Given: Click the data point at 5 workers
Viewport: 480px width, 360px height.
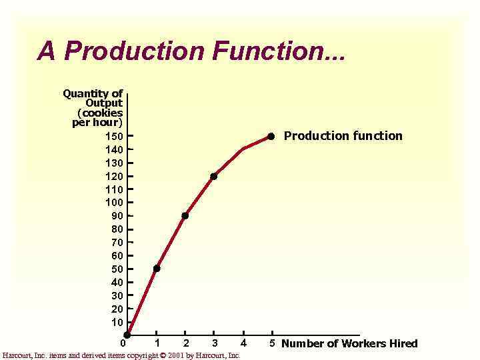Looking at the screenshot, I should [x=271, y=136].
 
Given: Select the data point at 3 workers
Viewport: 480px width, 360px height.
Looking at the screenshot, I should [x=213, y=177].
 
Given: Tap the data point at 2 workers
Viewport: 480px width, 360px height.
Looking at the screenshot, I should [x=185, y=215].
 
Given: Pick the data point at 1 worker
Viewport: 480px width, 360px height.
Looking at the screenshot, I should [x=157, y=268].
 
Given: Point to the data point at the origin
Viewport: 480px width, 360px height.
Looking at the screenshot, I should [x=127, y=335].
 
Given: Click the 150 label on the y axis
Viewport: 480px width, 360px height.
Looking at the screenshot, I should [x=114, y=136].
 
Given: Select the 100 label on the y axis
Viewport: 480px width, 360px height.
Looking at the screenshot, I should [x=114, y=202].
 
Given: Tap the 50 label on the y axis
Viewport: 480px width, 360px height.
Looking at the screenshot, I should [x=117, y=269].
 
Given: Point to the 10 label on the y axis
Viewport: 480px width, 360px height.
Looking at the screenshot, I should [x=117, y=322].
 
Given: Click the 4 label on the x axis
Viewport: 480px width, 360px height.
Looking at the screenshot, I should [x=243, y=343].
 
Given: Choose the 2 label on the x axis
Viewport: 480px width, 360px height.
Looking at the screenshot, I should [x=185, y=343].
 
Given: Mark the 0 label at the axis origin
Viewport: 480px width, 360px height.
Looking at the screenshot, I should [x=123, y=344].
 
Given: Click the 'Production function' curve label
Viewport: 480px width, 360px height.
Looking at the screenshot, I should [x=343, y=136].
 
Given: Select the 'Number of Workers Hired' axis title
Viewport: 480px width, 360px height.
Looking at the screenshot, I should [x=349, y=344].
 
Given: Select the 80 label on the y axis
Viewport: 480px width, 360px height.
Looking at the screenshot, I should [x=117, y=229].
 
